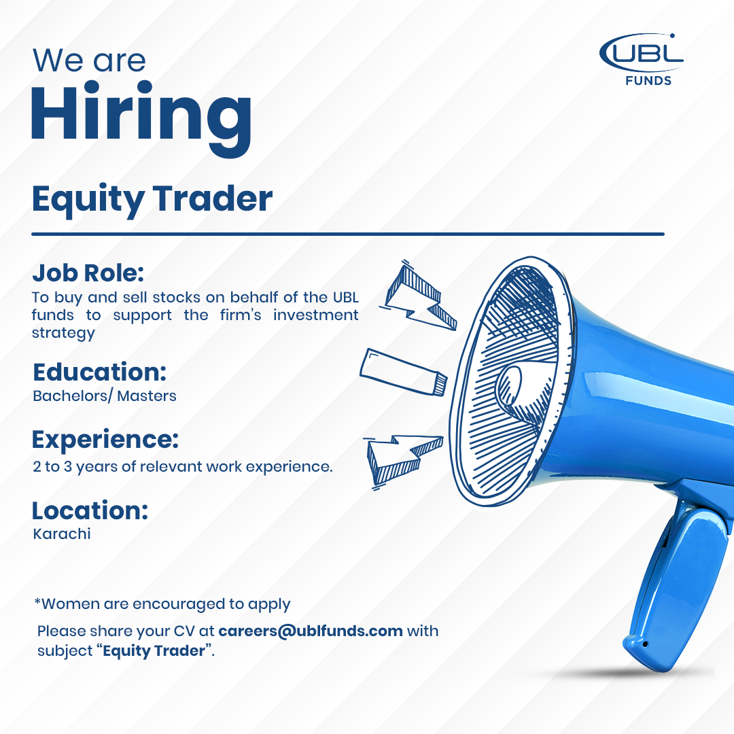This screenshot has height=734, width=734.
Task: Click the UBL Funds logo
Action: point(642,59)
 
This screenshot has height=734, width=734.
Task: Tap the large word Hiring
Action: point(141,118)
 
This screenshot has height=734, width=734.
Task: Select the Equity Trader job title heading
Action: point(152,199)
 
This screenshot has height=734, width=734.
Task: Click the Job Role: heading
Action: point(88,273)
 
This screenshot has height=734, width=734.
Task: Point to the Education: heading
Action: point(100,372)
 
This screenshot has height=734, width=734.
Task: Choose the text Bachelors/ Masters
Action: point(105,396)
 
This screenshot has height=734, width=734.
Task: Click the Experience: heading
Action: point(105,440)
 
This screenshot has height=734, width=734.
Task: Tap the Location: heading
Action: point(90,510)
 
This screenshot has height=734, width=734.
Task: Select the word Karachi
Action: point(62,534)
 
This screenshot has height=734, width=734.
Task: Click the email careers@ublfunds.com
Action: point(311,631)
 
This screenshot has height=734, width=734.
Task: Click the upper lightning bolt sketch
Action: point(418,296)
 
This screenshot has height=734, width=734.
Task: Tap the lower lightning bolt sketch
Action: point(403,461)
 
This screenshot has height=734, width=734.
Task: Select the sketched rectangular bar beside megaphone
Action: point(404,372)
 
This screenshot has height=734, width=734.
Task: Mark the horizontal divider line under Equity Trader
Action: point(348,234)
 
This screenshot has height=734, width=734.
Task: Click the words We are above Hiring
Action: point(89,61)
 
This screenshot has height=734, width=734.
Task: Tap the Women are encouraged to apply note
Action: point(162,604)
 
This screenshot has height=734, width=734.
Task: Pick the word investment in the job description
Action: point(316,315)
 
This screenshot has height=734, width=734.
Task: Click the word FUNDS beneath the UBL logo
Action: point(648,81)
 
